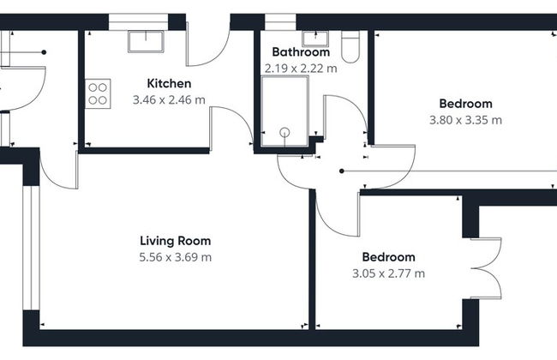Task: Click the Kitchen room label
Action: pos(169,83)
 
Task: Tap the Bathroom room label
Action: pos(301,52)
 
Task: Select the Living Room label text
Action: pos(175,241)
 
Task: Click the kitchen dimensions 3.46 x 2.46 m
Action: pos(169,100)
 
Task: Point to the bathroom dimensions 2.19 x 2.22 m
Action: pos(301,69)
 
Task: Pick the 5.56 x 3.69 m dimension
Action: pos(175,257)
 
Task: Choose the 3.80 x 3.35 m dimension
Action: pos(465,120)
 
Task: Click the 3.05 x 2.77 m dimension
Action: pos(389,273)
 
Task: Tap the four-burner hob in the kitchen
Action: pos(98,93)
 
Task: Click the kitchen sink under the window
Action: pos(146,42)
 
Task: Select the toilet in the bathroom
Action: pos(350,47)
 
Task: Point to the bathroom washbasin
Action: pos(315,39)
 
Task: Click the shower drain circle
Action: pos(284,133)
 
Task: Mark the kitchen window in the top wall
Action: pos(138,22)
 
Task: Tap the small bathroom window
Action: pos(280,22)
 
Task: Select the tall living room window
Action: pos(31,248)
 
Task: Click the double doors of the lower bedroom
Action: pos(486,268)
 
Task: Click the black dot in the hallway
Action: pos(342,171)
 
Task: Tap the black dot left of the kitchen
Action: pos(44,52)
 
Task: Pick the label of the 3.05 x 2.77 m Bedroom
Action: pos(389,257)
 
